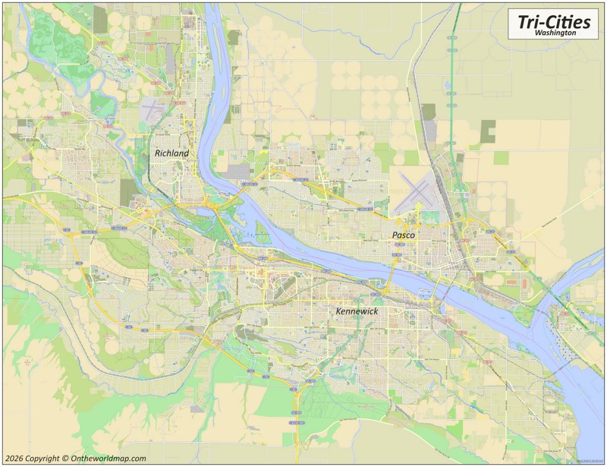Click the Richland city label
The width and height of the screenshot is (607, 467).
pos(171,153)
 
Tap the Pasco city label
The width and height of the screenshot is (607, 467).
pos(403,235)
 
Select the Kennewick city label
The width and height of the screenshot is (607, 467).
pos(357,311)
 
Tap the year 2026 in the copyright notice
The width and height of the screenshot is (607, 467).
pos(15,459)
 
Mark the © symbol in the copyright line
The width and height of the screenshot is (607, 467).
pos(65,459)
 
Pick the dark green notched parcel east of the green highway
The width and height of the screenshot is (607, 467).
pos(486,131)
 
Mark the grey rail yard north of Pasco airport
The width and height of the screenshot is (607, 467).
pos(430,133)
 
